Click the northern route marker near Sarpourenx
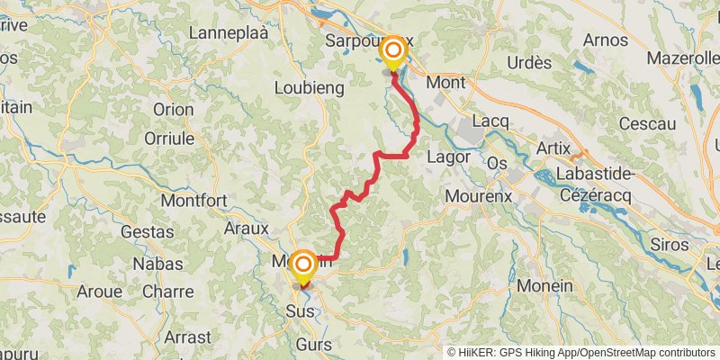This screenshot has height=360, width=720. pyautogui.click(x=393, y=50)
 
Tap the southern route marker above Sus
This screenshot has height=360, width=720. pyautogui.click(x=302, y=265)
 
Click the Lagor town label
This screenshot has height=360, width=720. pyautogui.click(x=449, y=156)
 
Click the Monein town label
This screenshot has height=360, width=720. pyautogui.click(x=544, y=285)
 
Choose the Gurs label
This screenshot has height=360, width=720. pyautogui.click(x=313, y=345)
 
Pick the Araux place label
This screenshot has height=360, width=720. pyautogui.click(x=248, y=229)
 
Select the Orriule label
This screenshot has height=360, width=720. pyautogui.click(x=169, y=139)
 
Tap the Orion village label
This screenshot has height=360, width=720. pyautogui.click(x=173, y=109)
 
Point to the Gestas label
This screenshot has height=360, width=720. pyautogui.click(x=148, y=231)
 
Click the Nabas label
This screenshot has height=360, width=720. pyautogui.click(x=157, y=264)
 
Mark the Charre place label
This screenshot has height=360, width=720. pyautogui.click(x=167, y=292)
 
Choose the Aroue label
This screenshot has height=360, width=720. pyautogui.click(x=99, y=292)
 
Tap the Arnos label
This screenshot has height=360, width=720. pyautogui.click(x=605, y=40)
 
